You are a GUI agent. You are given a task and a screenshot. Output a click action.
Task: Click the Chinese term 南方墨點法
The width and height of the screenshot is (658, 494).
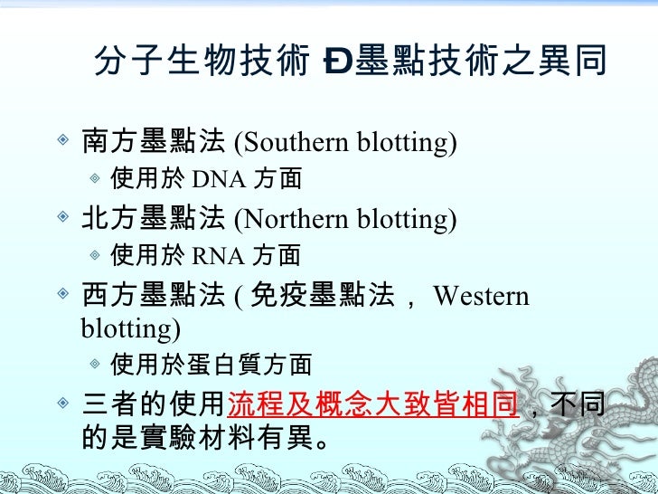(153, 142)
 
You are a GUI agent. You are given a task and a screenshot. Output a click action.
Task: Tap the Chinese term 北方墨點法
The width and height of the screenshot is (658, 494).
(153, 219)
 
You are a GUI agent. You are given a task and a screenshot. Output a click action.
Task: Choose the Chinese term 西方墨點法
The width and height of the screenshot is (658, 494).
(153, 296)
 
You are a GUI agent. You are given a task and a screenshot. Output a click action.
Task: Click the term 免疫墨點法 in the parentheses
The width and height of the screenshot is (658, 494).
(320, 296)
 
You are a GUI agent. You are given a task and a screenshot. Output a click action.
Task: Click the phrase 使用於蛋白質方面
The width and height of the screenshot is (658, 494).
(210, 365)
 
